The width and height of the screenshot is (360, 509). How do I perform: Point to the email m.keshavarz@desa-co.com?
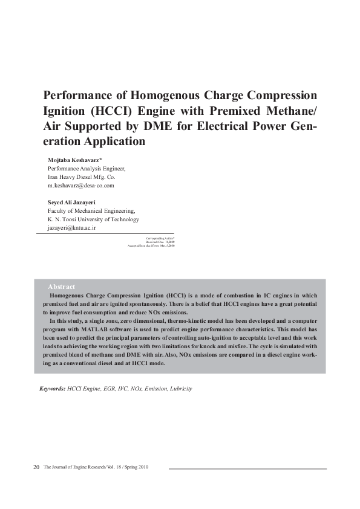pos(80,186)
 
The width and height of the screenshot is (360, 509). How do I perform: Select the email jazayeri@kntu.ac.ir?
pos(71,228)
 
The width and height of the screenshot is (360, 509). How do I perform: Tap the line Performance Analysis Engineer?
pos(86,168)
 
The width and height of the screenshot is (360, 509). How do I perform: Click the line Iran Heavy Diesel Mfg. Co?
pos(81,177)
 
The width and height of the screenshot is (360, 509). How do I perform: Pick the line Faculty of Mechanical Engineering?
pos(91,210)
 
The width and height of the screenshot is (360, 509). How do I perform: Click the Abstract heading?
pos(61,286)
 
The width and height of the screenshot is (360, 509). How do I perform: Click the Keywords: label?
pos(52,389)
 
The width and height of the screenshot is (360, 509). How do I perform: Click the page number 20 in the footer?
pos(36,467)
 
